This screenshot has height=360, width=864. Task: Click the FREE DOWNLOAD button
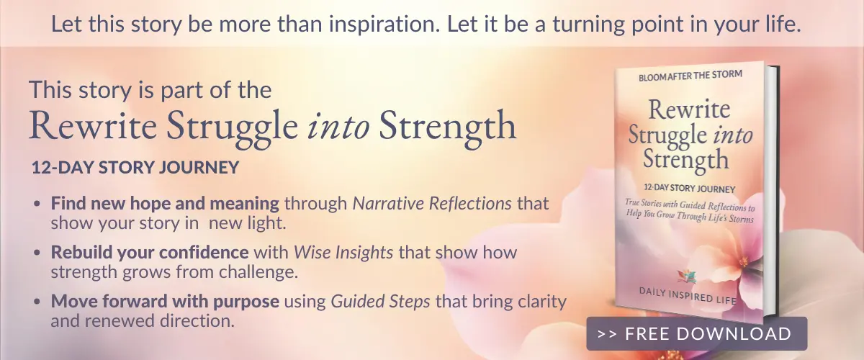[696, 334]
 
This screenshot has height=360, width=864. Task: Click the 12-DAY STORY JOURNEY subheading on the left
[135, 168]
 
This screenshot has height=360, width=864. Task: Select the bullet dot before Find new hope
[37, 204]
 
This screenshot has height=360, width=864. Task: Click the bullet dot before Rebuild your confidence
[37, 254]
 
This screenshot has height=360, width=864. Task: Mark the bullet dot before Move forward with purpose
[37, 302]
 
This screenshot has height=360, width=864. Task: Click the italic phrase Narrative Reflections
[432, 204]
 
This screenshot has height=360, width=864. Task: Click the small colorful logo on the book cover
[687, 274]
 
